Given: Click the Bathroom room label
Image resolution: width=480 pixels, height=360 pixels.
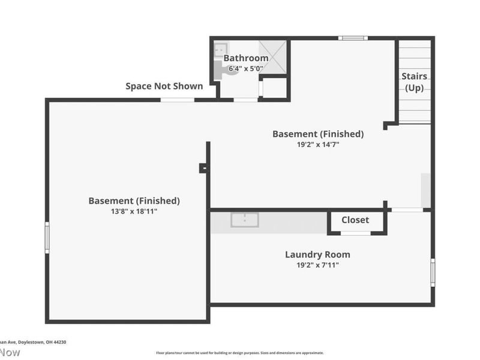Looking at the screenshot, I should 245,58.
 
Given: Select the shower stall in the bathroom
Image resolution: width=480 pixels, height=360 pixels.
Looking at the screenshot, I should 272,57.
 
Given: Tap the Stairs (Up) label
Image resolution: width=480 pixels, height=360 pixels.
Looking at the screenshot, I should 414,82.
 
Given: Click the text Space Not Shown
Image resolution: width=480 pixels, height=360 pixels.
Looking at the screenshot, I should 164,86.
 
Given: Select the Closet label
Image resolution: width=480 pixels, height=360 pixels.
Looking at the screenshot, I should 355,220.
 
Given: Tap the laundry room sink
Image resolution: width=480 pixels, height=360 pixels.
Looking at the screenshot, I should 245,220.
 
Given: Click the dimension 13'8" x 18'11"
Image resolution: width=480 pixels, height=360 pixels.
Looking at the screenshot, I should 134,211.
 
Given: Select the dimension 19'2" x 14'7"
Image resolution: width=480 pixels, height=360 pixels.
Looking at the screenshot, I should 317,144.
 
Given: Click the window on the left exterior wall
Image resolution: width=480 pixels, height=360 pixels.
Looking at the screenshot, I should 47,237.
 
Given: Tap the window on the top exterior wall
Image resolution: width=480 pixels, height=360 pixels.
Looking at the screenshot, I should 352,38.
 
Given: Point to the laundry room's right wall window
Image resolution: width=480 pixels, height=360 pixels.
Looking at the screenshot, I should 433,272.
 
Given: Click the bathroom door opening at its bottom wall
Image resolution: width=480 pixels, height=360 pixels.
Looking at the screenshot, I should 245,100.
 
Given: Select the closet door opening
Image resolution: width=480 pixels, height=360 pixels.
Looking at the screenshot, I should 356,233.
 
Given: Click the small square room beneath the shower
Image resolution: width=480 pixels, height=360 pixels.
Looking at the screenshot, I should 275,88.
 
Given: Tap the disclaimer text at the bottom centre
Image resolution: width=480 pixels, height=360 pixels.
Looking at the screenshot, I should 240,353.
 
